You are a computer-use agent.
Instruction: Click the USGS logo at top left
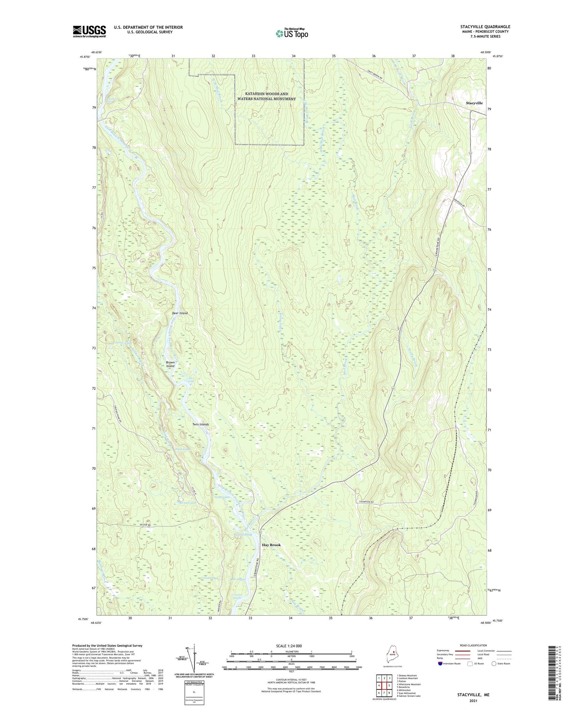point(89,31)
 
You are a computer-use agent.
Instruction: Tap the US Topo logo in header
point(292,33)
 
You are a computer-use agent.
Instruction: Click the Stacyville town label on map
point(474,103)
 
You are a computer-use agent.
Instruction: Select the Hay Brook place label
point(271,545)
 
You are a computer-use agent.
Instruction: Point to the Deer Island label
point(180,313)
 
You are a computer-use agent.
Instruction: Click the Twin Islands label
point(201,424)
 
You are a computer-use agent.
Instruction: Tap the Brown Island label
point(170,364)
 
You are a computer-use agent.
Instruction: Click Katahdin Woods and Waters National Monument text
point(266,96)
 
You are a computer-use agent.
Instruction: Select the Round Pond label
point(243,535)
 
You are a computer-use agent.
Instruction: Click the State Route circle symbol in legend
point(494,664)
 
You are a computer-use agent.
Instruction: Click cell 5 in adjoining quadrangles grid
point(389,685)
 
